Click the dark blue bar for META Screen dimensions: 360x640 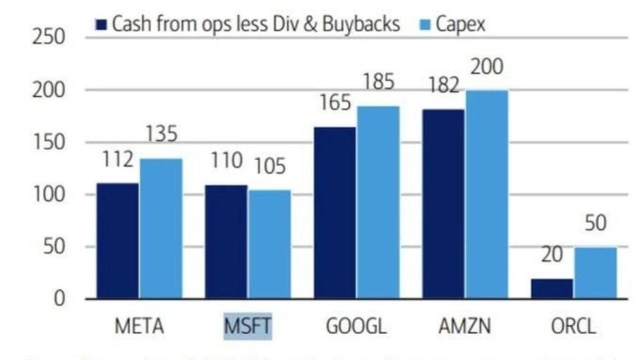click(x=117, y=241)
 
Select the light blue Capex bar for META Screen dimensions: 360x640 click(x=161, y=229)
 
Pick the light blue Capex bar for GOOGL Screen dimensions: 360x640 click(x=378, y=202)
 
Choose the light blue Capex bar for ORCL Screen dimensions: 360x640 click(x=595, y=273)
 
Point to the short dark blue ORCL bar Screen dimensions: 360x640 click(x=552, y=288)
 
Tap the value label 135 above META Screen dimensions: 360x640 click(x=161, y=134)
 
